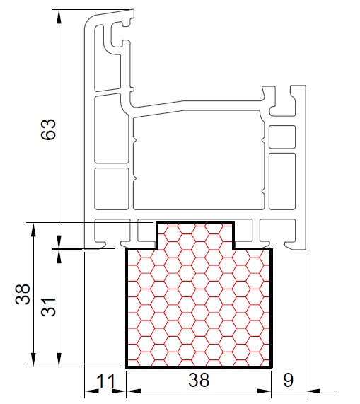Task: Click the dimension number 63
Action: pyautogui.click(x=48, y=129)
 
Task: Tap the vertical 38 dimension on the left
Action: pyautogui.click(x=23, y=294)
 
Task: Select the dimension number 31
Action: pyautogui.click(x=48, y=307)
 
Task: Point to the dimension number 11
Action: pyautogui.click(x=106, y=381)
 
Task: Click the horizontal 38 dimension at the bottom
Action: pyautogui.click(x=199, y=380)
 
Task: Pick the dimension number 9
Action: pyautogui.click(x=288, y=380)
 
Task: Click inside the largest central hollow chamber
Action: pyautogui.click(x=199, y=161)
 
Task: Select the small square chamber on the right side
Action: pyautogui.click(x=282, y=137)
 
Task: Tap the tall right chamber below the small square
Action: pyautogui.click(x=282, y=181)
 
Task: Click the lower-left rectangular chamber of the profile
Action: pyautogui.click(x=112, y=189)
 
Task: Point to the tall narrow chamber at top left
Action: pyautogui.click(x=107, y=58)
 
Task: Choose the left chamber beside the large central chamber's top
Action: pyautogui.click(x=111, y=129)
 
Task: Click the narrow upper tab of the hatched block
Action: pyautogui.click(x=195, y=235)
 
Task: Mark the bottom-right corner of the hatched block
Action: pyautogui.click(x=272, y=367)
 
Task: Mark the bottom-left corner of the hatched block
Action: pyautogui.click(x=127, y=367)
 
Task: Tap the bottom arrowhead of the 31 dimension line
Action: pyautogui.click(x=59, y=359)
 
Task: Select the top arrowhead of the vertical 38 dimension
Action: pyautogui.click(x=33, y=229)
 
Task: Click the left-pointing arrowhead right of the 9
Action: pyautogui.click(x=313, y=391)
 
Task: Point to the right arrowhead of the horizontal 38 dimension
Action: pyautogui.click(x=265, y=391)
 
